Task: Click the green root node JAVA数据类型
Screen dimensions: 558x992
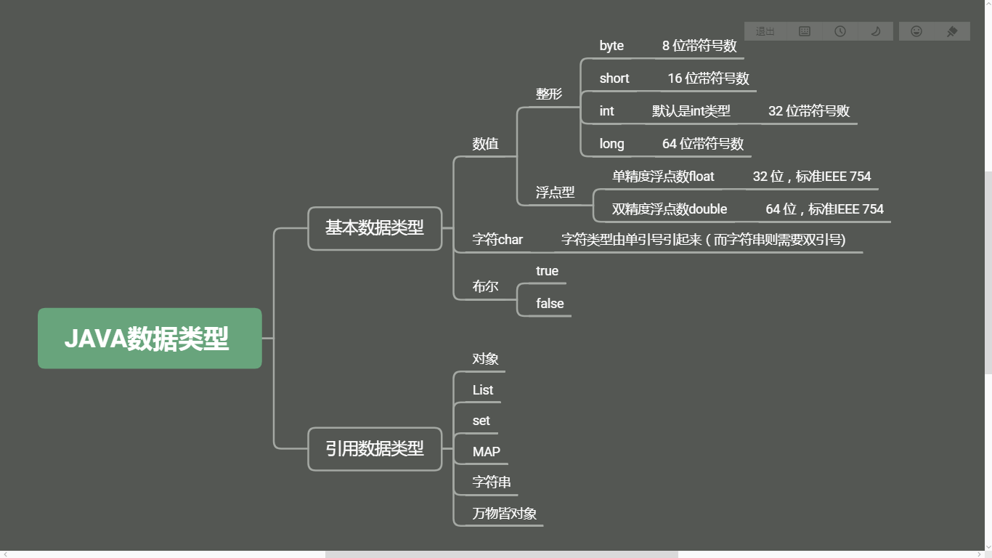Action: point(150,339)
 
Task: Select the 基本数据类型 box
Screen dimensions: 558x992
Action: point(375,228)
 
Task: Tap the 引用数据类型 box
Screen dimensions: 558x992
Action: point(375,449)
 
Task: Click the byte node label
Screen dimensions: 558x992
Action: point(611,46)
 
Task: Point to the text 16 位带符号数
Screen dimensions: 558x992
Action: point(708,78)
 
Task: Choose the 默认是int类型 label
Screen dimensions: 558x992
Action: point(691,111)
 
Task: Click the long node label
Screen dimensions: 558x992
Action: point(611,144)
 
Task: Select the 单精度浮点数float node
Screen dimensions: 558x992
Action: point(663,177)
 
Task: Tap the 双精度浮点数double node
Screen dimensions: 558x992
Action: point(669,209)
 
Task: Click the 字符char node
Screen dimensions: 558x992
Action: point(497,240)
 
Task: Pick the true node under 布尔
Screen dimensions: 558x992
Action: point(547,271)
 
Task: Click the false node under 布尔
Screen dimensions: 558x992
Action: point(550,304)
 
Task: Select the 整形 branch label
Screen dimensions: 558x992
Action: point(549,94)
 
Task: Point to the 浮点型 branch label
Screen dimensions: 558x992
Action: point(555,193)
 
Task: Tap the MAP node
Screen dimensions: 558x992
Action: point(486,452)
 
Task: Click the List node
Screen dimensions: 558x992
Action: point(482,390)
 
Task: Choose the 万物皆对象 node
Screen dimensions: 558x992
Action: point(504,514)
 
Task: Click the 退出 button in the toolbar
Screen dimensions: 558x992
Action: point(765,31)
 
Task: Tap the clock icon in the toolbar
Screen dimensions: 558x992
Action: point(840,31)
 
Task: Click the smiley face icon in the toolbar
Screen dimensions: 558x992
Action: point(916,31)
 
